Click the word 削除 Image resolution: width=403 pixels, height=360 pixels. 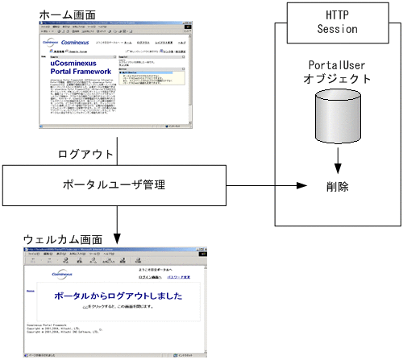point(338,187)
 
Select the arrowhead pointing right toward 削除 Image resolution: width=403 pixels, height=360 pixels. point(303,187)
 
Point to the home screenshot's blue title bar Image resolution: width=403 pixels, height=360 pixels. point(117,27)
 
